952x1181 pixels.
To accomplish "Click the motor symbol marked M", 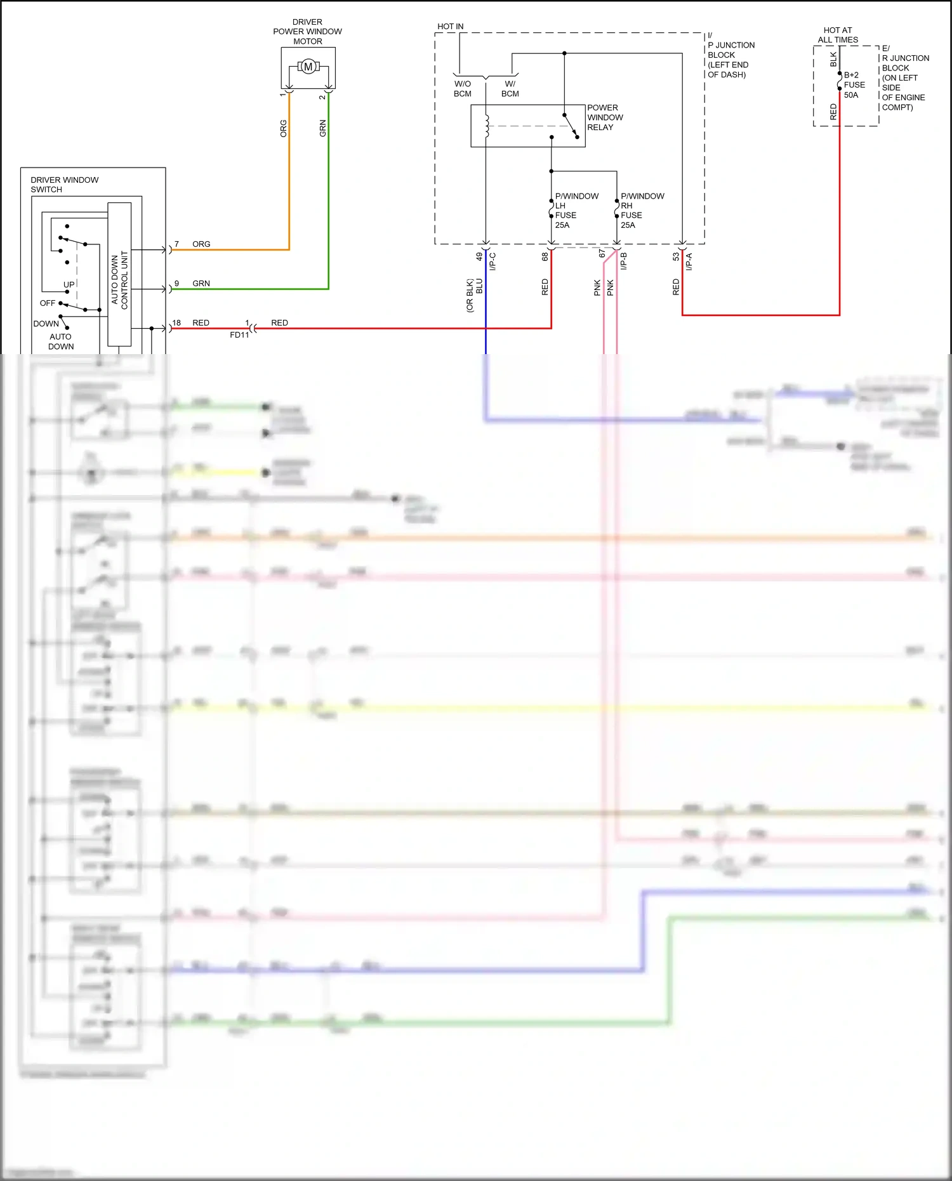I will [x=308, y=67].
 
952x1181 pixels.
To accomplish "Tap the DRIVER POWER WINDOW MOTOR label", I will [x=307, y=31].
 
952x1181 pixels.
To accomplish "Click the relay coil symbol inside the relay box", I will [x=487, y=126].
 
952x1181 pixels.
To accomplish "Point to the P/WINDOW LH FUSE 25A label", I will [x=575, y=210].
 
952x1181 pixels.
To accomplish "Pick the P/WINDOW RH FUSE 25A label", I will [x=641, y=210].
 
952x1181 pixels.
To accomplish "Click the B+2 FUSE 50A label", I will [x=854, y=84].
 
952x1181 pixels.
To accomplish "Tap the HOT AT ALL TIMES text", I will [x=837, y=35].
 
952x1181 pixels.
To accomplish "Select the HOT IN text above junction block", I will [x=450, y=27].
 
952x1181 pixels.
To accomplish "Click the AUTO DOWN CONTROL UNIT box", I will [x=119, y=274].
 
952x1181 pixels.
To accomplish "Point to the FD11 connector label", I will [x=239, y=335].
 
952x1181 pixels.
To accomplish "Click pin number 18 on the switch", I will [x=176, y=323].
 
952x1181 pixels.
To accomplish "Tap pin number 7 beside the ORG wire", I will [x=176, y=244].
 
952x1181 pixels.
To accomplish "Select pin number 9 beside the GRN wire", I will [x=176, y=284].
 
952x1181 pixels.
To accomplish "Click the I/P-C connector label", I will [x=493, y=261].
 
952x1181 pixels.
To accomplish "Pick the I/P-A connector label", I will [x=689, y=261].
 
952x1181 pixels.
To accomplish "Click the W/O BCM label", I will [x=462, y=89].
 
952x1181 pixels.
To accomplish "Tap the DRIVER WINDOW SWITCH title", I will [x=64, y=185].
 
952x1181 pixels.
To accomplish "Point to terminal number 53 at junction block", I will [x=676, y=256].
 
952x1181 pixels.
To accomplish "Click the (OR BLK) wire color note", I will [x=470, y=295].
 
